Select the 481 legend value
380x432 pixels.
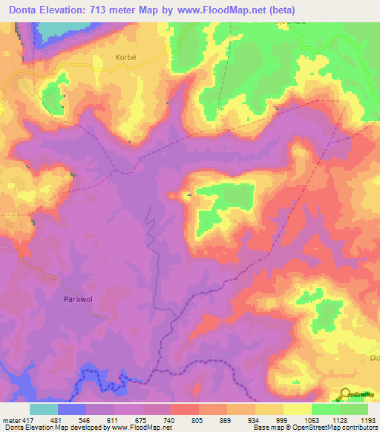point(56,419)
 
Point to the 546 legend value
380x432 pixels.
point(85,419)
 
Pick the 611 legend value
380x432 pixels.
point(113,419)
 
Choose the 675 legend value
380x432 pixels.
point(141,419)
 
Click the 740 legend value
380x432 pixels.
point(169,419)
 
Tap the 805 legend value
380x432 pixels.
point(197,419)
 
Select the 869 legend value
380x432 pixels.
point(226,419)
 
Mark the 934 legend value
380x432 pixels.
point(254,419)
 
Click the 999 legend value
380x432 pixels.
point(282,419)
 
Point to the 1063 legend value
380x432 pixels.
point(310,419)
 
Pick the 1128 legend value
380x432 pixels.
point(338,419)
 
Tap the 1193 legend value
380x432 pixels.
point(367,419)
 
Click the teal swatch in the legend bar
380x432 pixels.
point(43,409)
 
